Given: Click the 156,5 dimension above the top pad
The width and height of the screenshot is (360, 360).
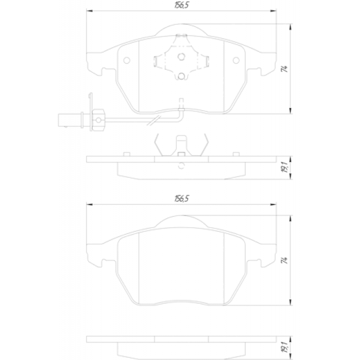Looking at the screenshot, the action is [182, 5].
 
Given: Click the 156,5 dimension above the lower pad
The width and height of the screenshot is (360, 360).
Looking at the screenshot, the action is [182, 199].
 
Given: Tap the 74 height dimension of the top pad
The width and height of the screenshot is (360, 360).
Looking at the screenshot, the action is [285, 69].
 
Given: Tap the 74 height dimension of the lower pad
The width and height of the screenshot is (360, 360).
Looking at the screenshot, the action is [285, 260].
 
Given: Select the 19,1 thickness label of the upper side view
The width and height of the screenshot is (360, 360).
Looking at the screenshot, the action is [285, 167].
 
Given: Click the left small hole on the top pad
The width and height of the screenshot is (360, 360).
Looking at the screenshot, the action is [127, 60].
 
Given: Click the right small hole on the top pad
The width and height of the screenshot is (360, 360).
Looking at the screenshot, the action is [236, 60].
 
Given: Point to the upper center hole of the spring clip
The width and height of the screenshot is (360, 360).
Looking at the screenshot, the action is [181, 57].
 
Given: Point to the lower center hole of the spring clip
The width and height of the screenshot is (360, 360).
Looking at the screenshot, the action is [181, 76].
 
